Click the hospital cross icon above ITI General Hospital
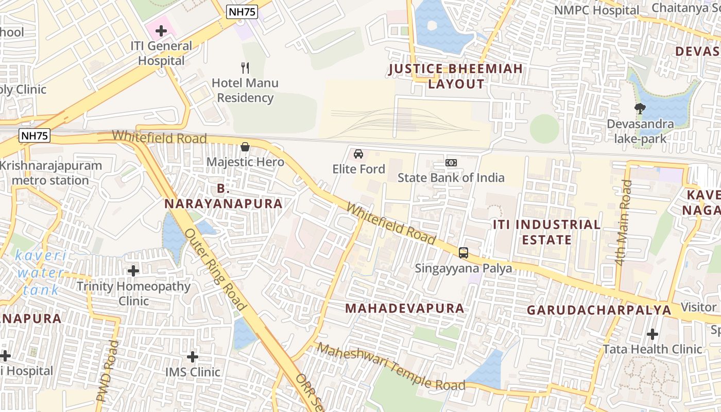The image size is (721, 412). (161, 31)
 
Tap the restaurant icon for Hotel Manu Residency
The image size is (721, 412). (245, 67)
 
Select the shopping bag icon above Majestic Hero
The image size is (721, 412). (245, 147)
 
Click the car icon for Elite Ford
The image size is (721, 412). (358, 154)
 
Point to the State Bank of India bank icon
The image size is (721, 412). (451, 163)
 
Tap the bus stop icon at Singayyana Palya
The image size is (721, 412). (463, 253)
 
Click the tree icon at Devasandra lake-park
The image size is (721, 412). (640, 109)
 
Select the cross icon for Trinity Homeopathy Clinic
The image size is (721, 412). (133, 270)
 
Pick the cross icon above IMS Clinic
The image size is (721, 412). (193, 356)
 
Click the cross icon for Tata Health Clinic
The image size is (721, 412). (653, 334)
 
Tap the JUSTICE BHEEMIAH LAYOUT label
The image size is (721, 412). (456, 76)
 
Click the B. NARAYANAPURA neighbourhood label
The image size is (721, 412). (224, 196)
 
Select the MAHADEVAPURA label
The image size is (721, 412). (405, 308)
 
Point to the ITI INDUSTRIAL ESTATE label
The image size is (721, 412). (546, 232)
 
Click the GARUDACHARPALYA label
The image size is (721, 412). (599, 310)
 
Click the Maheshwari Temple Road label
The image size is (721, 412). (391, 367)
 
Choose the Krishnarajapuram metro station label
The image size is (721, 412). (51, 173)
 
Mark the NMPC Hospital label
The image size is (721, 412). (596, 10)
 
